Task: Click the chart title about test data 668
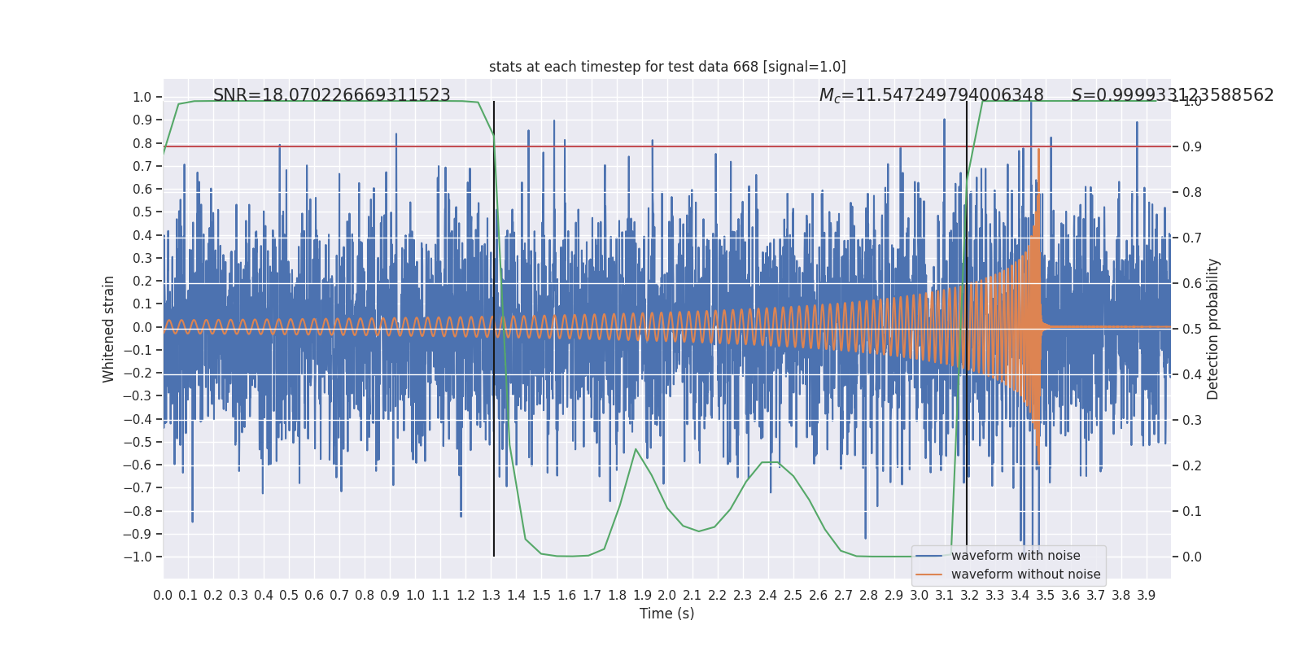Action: pos(667,67)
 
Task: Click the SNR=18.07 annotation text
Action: pos(331,95)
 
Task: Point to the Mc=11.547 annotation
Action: pos(931,95)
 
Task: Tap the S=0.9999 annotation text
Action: pos(1172,95)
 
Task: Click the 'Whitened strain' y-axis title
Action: pos(109,329)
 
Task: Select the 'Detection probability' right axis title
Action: pos(1213,329)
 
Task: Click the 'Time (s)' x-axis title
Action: pos(666,614)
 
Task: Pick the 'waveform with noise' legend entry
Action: pos(1015,556)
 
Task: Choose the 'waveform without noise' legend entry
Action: pos(1025,575)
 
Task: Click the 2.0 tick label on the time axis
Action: pos(667,596)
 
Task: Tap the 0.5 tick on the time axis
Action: pos(289,596)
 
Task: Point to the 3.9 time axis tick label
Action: pos(1146,596)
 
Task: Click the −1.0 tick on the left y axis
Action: pos(138,557)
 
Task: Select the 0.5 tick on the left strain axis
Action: pos(142,212)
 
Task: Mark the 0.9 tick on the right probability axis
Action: pos(1192,147)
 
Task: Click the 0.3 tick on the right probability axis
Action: pos(1192,421)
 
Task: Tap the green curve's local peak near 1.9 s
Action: pos(636,449)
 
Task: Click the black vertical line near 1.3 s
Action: pos(494,325)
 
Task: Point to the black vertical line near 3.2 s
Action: pos(967,325)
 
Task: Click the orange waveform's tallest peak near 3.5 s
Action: pos(1038,151)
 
